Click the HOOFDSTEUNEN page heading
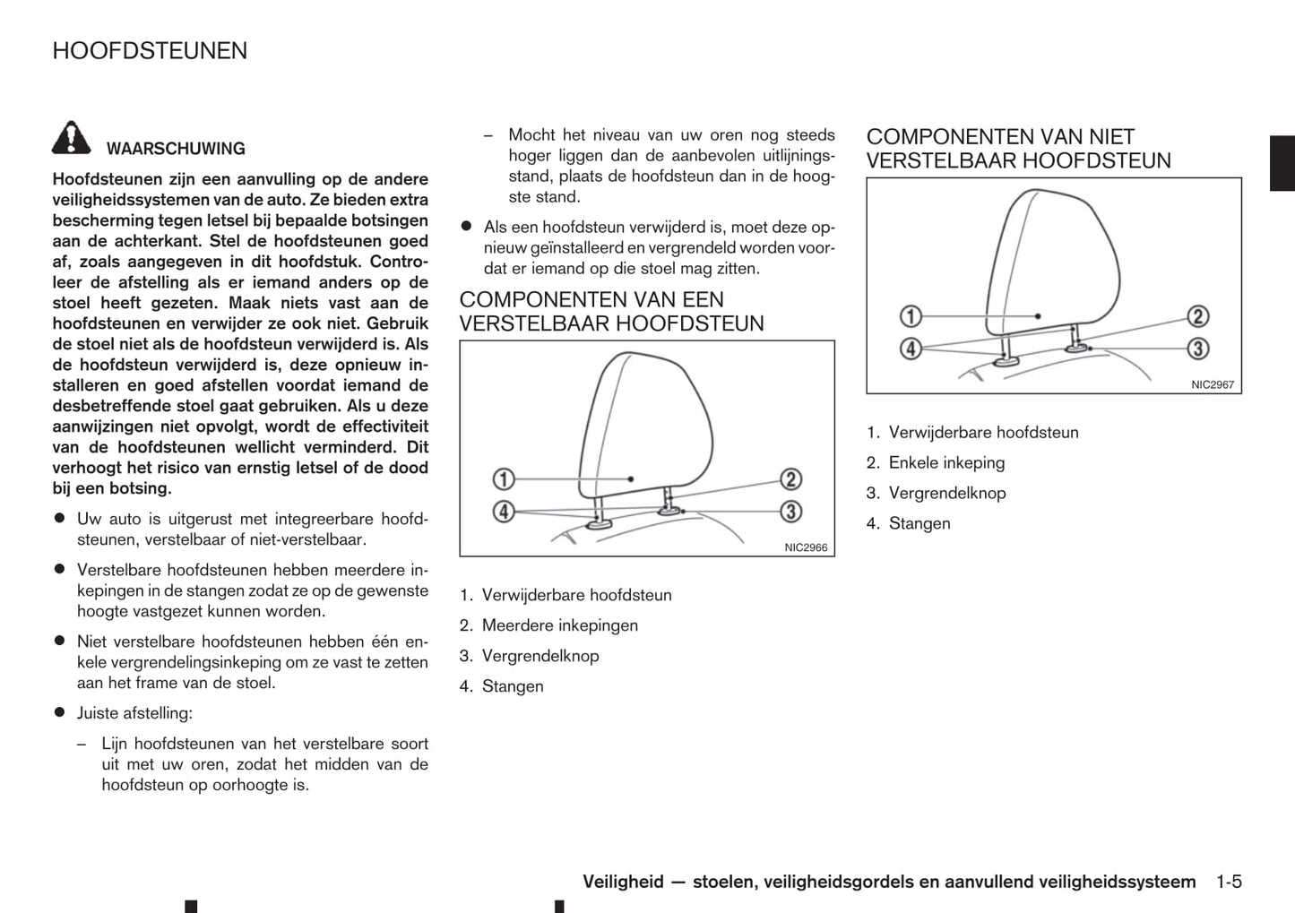(x=150, y=51)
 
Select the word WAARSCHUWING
(x=176, y=149)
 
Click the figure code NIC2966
(x=806, y=547)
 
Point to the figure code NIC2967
(x=1213, y=385)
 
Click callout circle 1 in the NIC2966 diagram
(x=504, y=478)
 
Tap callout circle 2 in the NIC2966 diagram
(x=790, y=478)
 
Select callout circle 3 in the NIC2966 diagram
(x=790, y=512)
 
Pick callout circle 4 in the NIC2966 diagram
(x=504, y=512)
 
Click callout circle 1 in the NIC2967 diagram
(x=911, y=316)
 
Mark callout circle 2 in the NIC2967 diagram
(x=1198, y=316)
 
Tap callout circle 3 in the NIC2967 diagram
(x=1198, y=348)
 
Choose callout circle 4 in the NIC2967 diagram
(x=911, y=348)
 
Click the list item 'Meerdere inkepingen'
(x=560, y=625)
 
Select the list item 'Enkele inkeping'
(x=946, y=462)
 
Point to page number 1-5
(x=1229, y=882)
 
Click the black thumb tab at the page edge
(x=1282, y=163)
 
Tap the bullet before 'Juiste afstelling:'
(x=60, y=712)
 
